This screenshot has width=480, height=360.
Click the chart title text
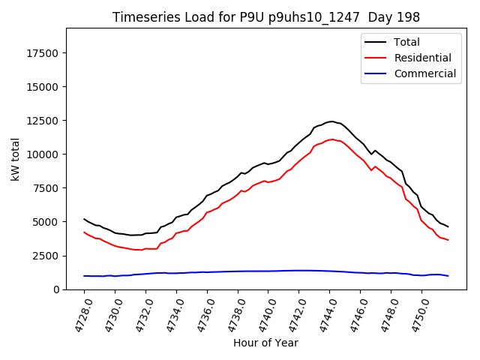[x=265, y=17]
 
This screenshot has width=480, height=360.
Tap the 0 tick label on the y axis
[x=58, y=289]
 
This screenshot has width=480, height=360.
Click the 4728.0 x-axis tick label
[x=78, y=315]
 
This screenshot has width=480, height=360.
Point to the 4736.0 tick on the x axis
[x=201, y=315]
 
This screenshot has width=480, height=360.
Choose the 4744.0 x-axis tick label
[x=324, y=315]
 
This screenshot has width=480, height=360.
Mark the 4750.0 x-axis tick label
[x=416, y=315]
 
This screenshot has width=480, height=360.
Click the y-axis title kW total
[x=16, y=159]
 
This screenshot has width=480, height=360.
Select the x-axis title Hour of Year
[x=265, y=343]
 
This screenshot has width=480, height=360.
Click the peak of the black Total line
[x=331, y=121]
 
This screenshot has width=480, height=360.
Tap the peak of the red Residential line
[x=331, y=139]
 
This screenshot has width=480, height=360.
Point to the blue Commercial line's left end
[x=84, y=276]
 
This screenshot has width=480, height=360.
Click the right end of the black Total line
[x=448, y=226]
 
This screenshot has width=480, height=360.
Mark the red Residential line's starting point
[x=84, y=232]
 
